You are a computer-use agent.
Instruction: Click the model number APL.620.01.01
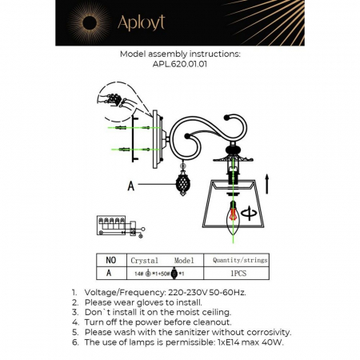[x=180, y=67]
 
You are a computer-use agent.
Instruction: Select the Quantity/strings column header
[x=238, y=260]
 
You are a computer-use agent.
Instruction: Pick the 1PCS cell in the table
[x=238, y=272]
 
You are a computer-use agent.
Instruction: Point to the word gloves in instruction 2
[x=153, y=302]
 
